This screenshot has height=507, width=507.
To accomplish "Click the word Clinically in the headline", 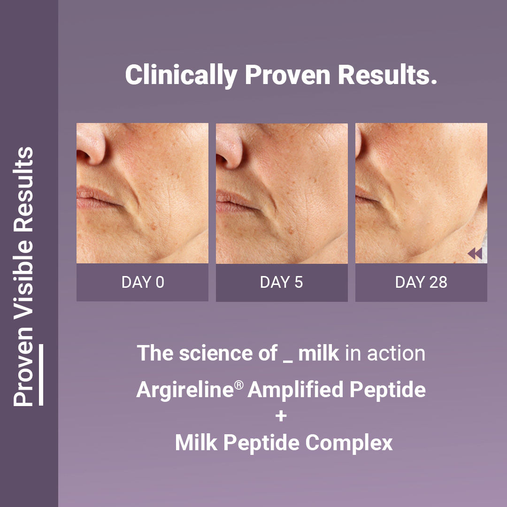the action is pyautogui.click(x=181, y=75).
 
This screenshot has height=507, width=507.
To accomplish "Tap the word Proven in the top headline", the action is pyautogui.click(x=287, y=75).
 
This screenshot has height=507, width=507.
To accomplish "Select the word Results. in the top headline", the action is pyautogui.click(x=387, y=75).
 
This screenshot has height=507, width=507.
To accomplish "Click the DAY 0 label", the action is pyautogui.click(x=143, y=282).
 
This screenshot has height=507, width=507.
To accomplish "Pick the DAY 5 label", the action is pyautogui.click(x=281, y=282).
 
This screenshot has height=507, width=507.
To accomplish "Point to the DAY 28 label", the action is pyautogui.click(x=421, y=282).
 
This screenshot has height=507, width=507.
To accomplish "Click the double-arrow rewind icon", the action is pyautogui.click(x=475, y=253).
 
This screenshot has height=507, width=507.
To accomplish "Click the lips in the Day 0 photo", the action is pyautogui.click(x=97, y=197).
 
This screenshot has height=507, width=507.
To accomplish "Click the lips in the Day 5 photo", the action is pyautogui.click(x=236, y=201).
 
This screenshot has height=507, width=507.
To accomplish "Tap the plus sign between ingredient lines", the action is pyautogui.click(x=281, y=416).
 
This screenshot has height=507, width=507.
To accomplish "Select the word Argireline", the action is pyautogui.click(x=185, y=390).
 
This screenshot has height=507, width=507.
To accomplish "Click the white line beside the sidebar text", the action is pyautogui.click(x=41, y=375).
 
